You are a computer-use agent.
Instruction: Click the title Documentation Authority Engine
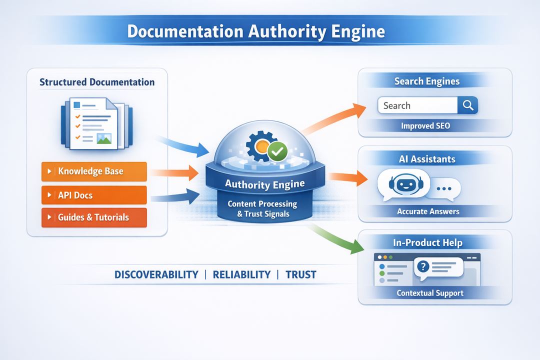255,31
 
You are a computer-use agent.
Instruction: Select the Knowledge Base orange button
94,171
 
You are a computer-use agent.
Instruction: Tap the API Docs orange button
94,195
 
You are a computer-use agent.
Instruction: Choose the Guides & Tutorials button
94,217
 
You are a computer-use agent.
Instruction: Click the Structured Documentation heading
97,82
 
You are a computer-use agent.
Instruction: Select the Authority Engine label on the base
264,184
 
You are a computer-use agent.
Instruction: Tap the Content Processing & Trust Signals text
262,209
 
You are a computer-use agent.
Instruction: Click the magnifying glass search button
468,105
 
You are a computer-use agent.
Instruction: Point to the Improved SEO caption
425,126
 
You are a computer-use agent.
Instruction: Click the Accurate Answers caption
428,211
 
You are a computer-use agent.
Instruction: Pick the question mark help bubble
439,268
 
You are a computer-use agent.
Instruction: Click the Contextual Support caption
430,293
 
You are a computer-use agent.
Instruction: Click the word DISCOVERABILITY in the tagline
156,274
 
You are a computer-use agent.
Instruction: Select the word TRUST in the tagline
301,274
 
